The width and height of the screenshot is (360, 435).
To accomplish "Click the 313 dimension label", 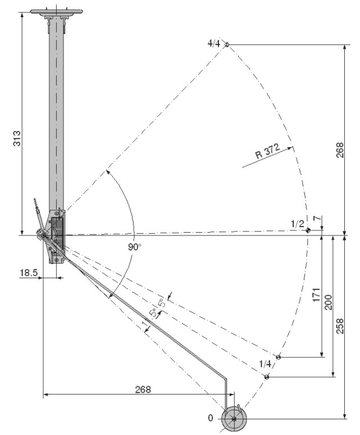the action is click(x=17, y=138).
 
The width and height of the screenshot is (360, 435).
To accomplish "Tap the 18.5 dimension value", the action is click(x=29, y=273).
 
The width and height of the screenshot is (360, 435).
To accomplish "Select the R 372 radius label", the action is click(x=267, y=151).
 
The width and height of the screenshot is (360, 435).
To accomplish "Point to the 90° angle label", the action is click(x=135, y=247).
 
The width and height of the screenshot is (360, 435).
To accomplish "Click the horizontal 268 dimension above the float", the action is click(x=143, y=389).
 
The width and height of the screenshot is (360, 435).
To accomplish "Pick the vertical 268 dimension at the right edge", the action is click(x=340, y=150).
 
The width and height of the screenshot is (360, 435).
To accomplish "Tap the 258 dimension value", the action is click(x=340, y=326).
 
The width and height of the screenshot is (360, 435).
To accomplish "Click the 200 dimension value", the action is click(x=328, y=302).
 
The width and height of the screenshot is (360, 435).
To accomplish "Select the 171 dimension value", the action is click(x=316, y=294).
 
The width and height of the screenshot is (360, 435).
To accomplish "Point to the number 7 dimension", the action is click(x=318, y=217).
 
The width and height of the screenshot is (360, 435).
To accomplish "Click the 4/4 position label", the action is click(x=214, y=43).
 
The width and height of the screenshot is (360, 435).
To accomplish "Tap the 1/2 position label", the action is click(x=297, y=224).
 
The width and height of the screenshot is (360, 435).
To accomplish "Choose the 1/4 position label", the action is click(x=265, y=364).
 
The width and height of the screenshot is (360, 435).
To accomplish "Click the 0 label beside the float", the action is click(x=211, y=418).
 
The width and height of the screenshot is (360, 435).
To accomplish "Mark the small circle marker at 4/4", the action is click(x=227, y=44).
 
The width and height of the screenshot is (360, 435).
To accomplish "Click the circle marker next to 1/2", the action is click(x=308, y=230).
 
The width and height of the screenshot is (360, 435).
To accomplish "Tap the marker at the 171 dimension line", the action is click(x=279, y=357).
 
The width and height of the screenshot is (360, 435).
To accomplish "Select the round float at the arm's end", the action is click(x=234, y=419).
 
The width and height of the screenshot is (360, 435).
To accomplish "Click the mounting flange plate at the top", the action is click(x=57, y=12).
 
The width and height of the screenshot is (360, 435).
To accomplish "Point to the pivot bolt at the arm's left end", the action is click(x=43, y=235).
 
